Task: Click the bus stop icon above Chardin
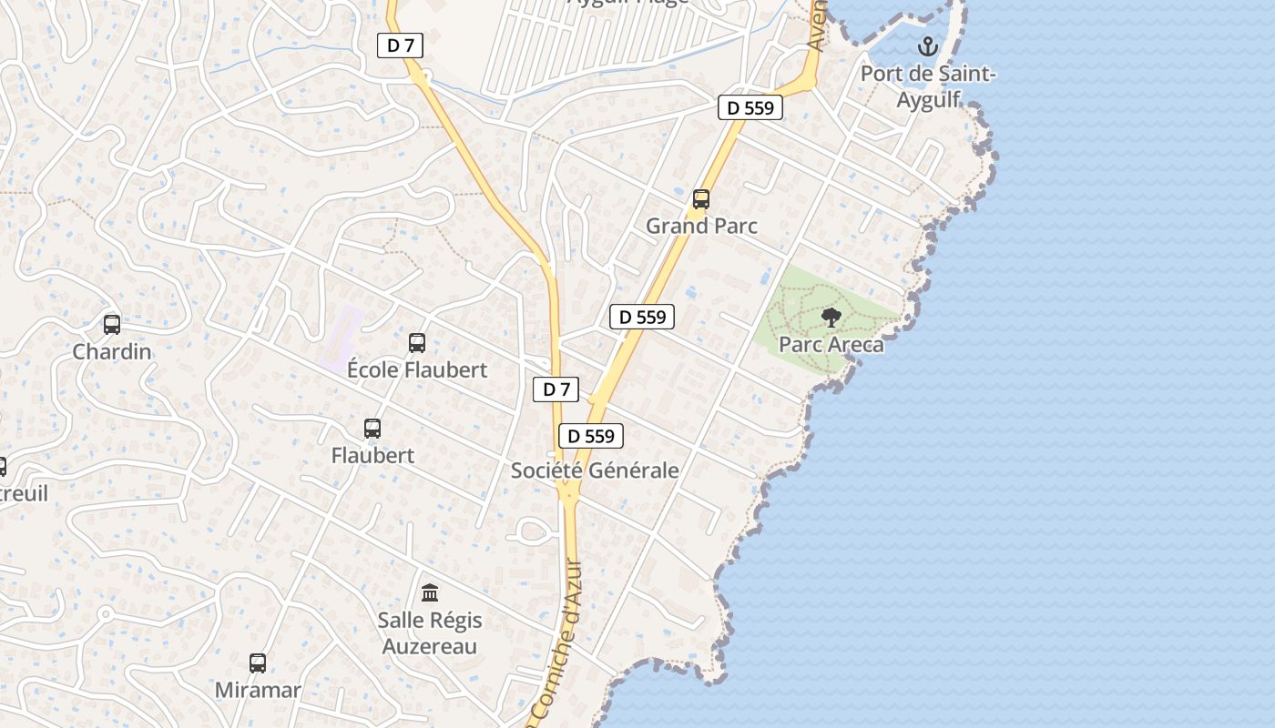click(x=112, y=325)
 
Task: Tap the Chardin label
click(x=112, y=351)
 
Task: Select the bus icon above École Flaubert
click(x=417, y=343)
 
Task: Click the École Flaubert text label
click(x=417, y=369)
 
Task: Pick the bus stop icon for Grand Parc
click(x=701, y=199)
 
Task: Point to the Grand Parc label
click(x=701, y=226)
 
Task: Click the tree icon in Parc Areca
click(x=831, y=318)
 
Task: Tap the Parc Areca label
click(x=831, y=345)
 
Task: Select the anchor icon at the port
click(x=928, y=46)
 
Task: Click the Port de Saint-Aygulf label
click(x=928, y=86)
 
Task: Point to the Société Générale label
click(x=595, y=470)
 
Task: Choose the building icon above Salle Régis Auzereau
click(x=430, y=593)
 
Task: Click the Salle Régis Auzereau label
click(x=430, y=633)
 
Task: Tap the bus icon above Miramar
click(x=258, y=663)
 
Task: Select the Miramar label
click(x=258, y=690)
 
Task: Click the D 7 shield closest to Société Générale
click(x=556, y=389)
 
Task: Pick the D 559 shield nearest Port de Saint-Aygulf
click(x=750, y=107)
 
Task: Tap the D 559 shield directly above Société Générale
click(x=591, y=436)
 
